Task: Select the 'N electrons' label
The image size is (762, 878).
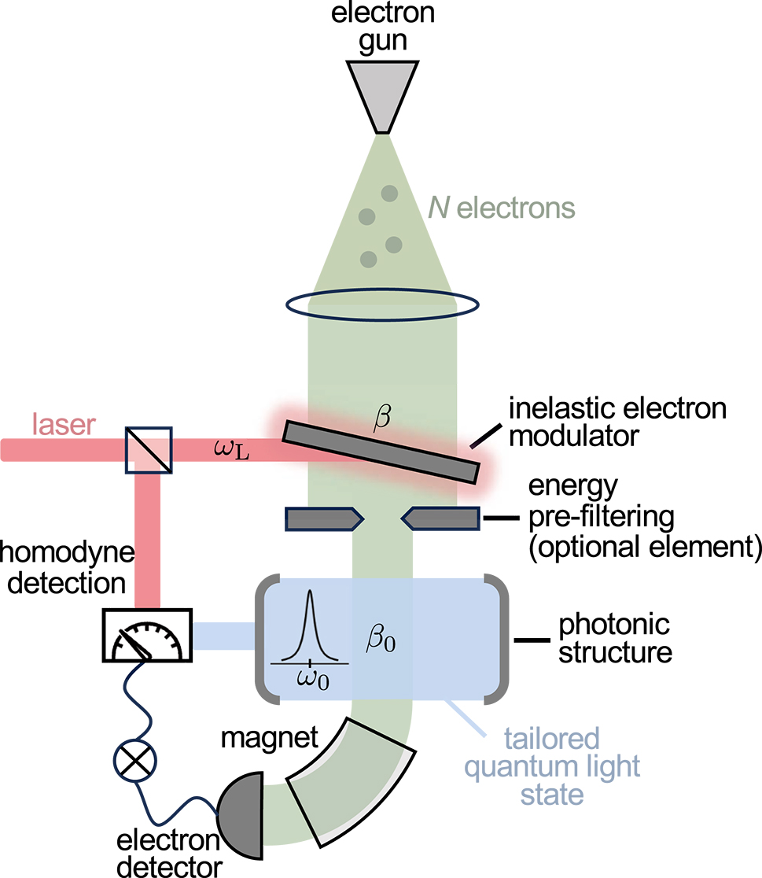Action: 502,208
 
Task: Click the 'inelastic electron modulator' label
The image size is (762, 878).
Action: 617,422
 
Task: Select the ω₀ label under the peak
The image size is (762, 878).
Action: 311,678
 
